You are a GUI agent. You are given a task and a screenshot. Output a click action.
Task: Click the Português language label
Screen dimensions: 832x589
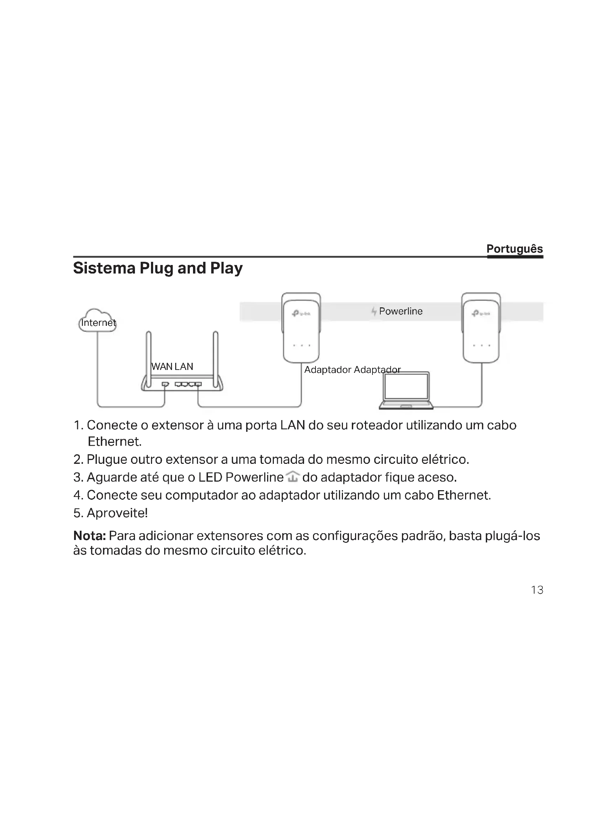point(514,249)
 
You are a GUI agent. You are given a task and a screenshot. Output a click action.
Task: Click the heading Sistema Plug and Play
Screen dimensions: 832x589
point(158,268)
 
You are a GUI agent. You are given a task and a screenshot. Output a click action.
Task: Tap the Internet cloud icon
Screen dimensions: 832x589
point(97,320)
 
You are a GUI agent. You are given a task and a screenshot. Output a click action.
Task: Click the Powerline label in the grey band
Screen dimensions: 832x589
point(400,311)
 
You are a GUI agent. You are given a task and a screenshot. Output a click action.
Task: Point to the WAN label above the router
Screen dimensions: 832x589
point(161,366)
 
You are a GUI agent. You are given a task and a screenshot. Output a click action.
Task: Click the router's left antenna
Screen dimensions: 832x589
point(149,359)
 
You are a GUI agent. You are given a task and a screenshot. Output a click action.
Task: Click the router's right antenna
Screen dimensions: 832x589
point(215,359)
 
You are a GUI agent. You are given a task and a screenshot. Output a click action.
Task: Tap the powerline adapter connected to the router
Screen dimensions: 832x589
point(301,328)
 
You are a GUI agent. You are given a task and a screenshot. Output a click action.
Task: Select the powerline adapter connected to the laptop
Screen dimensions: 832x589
point(481,328)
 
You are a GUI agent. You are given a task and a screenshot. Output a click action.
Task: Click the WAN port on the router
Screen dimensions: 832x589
point(165,384)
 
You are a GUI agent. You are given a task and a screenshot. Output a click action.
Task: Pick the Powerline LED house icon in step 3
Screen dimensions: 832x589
point(292,477)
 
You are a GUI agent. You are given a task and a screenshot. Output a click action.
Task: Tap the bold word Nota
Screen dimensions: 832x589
point(89,536)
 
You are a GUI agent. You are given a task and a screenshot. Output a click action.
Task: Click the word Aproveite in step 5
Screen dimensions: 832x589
point(117,513)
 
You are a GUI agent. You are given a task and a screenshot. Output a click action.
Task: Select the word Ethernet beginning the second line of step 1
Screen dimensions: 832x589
point(114,441)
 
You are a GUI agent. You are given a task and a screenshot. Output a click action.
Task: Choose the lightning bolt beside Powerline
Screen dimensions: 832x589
point(374,311)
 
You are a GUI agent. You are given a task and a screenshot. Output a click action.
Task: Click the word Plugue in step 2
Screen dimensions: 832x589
point(106,460)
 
